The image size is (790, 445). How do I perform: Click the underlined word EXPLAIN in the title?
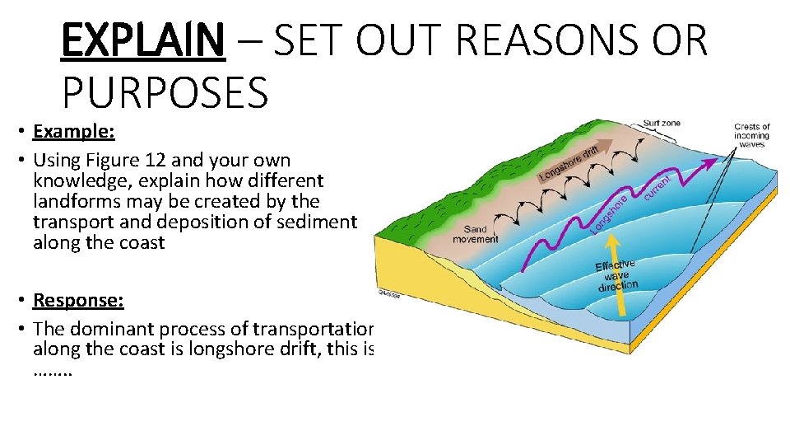tap(142, 40)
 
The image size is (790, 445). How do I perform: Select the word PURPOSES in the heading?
tap(165, 92)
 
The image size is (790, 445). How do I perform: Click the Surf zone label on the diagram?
tap(662, 124)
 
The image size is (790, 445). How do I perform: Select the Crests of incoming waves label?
tap(751, 136)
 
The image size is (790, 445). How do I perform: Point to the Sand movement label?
tap(476, 234)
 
